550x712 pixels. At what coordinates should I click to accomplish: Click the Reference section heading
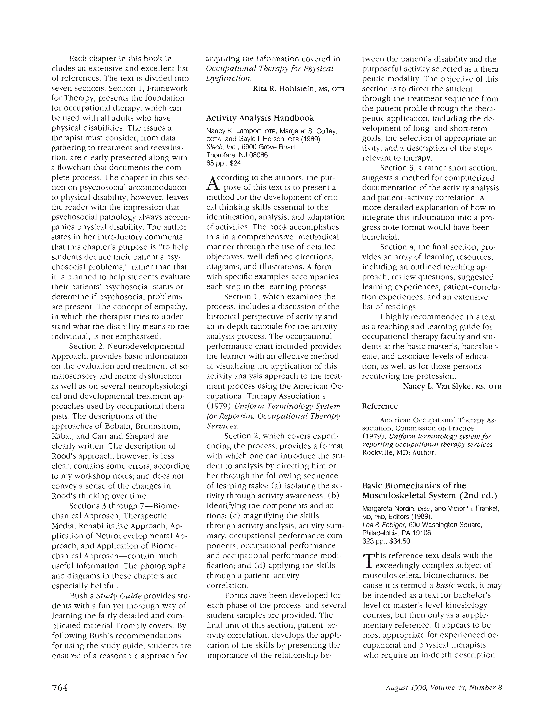click(x=380, y=406)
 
